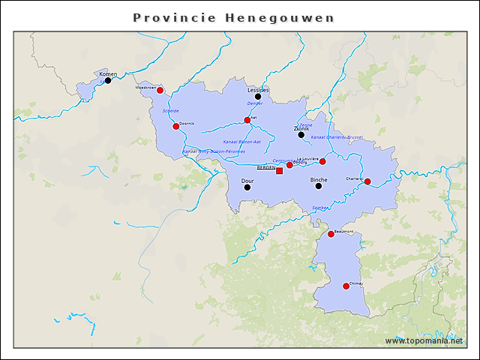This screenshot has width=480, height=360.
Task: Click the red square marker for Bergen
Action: [280, 171]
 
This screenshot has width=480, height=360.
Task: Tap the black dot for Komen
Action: [108, 80]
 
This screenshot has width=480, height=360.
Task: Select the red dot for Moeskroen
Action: [160, 90]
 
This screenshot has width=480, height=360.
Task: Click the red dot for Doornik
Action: [176, 126]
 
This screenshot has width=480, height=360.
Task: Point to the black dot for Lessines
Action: [258, 96]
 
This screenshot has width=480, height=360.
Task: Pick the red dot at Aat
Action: [247, 120]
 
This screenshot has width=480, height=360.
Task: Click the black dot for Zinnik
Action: [301, 135]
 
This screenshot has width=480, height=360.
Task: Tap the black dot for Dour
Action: [247, 187]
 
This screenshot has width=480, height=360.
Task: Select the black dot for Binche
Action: [319, 186]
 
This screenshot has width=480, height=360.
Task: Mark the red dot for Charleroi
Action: [367, 181]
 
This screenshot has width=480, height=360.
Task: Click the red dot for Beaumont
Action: [331, 234]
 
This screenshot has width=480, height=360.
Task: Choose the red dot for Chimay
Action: [346, 286]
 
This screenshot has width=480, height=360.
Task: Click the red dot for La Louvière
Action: [322, 161]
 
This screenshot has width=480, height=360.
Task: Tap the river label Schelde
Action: [170, 110]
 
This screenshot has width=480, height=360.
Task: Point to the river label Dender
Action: [255, 103]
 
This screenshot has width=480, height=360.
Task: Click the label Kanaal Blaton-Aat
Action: [242, 141]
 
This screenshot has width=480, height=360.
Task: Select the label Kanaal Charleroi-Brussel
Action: [337, 137]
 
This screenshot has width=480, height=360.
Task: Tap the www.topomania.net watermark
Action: [424, 340]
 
